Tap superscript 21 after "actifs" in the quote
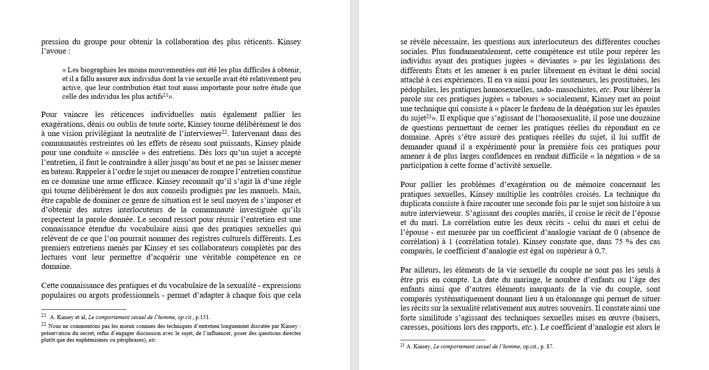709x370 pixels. (x=165, y=95)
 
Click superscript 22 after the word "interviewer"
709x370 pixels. (x=224, y=132)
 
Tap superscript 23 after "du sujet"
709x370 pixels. (x=428, y=117)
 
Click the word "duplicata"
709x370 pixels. (x=416, y=204)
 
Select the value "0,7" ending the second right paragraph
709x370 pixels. (x=600, y=251)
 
